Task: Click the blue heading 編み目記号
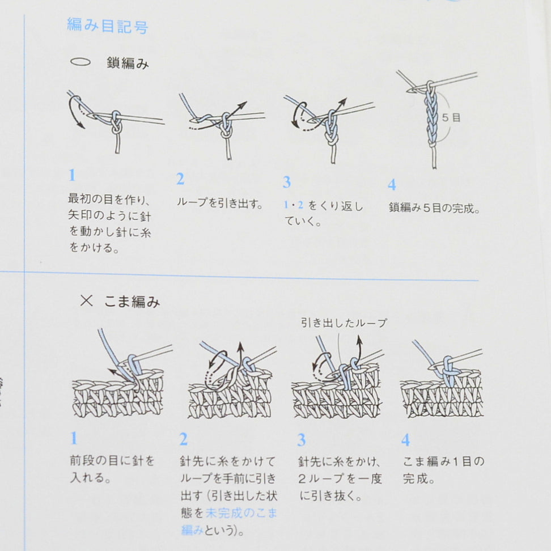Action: click(108, 26)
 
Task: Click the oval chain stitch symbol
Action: click(80, 62)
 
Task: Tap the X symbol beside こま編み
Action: click(86, 301)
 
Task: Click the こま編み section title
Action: click(132, 302)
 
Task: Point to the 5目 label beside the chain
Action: click(451, 117)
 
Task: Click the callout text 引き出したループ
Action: click(344, 323)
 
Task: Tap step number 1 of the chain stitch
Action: click(73, 175)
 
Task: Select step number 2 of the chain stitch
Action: click(180, 179)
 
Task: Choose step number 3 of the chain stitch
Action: click(287, 182)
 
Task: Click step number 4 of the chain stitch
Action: click(392, 184)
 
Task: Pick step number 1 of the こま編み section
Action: click(74, 438)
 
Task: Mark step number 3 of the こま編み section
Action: click(301, 440)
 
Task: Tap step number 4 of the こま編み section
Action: click(405, 440)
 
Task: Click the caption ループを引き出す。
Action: click(220, 203)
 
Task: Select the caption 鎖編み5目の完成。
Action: click(434, 208)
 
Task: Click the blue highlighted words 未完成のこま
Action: click(241, 513)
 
